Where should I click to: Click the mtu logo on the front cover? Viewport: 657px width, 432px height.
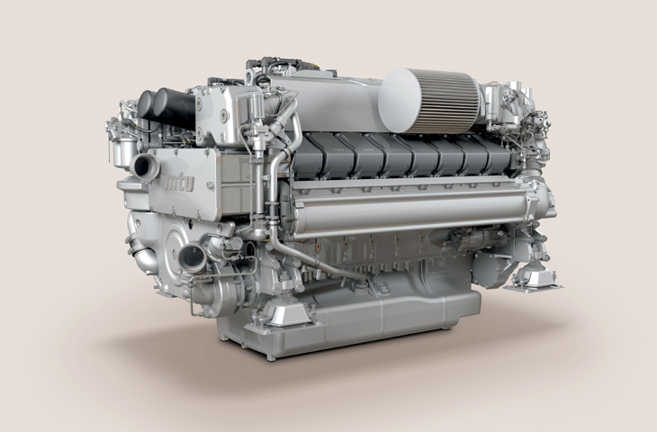click(180, 183)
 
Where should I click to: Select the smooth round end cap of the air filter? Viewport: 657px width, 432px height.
click(401, 100)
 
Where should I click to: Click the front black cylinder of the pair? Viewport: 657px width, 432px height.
click(176, 109)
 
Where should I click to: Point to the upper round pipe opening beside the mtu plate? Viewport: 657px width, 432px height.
click(144, 166)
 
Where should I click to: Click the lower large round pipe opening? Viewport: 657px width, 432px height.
click(193, 256)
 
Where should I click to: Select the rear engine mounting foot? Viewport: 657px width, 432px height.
click(533, 278)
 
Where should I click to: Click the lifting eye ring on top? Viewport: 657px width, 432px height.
click(250, 76)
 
